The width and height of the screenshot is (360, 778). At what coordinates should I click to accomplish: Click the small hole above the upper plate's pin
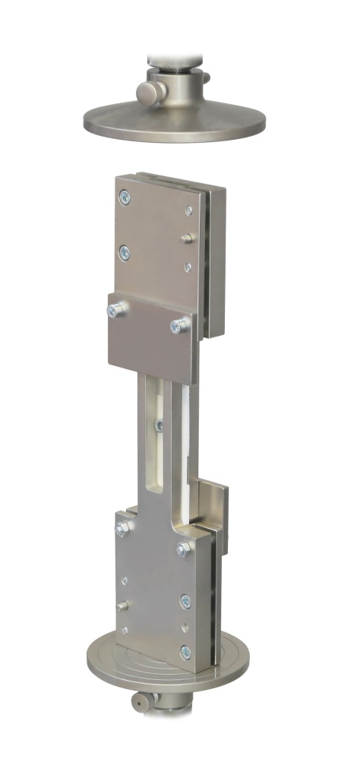point(188,210)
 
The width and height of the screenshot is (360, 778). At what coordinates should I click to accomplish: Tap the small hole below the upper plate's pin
point(188,266)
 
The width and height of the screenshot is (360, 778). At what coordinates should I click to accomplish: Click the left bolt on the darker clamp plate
point(115,309)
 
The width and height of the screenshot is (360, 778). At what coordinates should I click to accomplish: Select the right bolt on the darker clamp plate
point(178,327)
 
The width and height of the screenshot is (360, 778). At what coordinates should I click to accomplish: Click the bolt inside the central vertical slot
point(158,425)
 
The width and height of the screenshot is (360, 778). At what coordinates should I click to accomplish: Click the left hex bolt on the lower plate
point(120,528)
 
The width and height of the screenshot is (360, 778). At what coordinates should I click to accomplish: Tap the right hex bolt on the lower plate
point(183,548)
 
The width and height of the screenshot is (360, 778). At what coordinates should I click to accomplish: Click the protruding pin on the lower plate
point(123,606)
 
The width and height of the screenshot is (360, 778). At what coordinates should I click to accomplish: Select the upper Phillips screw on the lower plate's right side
point(185,601)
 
